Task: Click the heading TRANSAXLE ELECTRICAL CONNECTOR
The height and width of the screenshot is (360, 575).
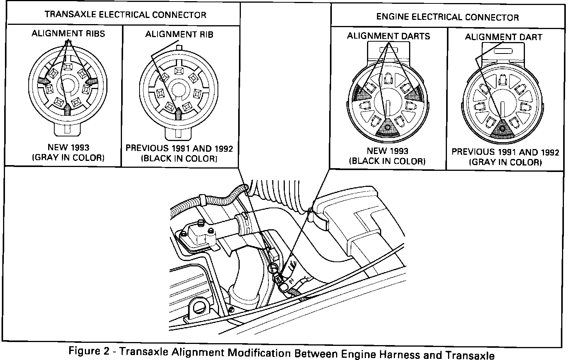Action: click(x=125, y=15)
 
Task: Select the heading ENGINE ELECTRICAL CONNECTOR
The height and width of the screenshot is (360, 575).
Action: click(x=447, y=17)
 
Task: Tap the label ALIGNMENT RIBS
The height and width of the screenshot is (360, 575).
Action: click(x=68, y=34)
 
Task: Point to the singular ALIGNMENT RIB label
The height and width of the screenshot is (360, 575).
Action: click(x=179, y=34)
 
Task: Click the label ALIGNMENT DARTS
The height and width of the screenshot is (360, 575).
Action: click(x=388, y=36)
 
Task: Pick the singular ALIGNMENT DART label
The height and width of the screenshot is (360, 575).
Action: click(x=504, y=37)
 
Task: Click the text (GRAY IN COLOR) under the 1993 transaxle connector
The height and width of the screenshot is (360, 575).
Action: click(x=68, y=157)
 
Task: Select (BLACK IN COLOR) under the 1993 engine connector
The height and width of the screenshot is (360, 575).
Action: click(x=387, y=161)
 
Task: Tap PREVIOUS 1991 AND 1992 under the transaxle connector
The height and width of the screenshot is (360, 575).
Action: click(x=179, y=148)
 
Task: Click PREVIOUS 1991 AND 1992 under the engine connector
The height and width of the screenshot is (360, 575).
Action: click(x=505, y=152)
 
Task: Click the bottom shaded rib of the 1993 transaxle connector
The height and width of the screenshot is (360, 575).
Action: click(x=68, y=109)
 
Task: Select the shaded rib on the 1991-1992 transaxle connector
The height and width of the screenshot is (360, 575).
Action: click(x=179, y=112)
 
